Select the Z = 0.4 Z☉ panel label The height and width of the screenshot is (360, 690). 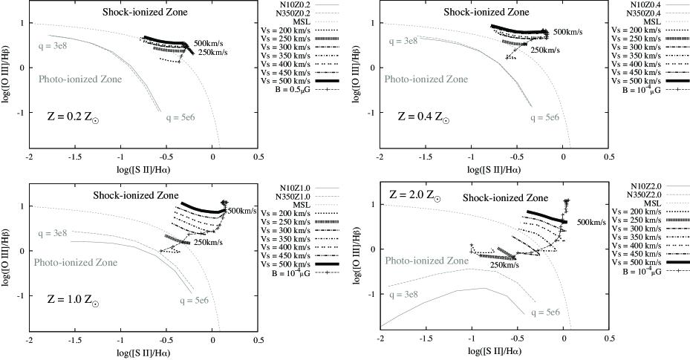(424, 117)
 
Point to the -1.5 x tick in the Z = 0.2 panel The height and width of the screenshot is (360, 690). (75, 158)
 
